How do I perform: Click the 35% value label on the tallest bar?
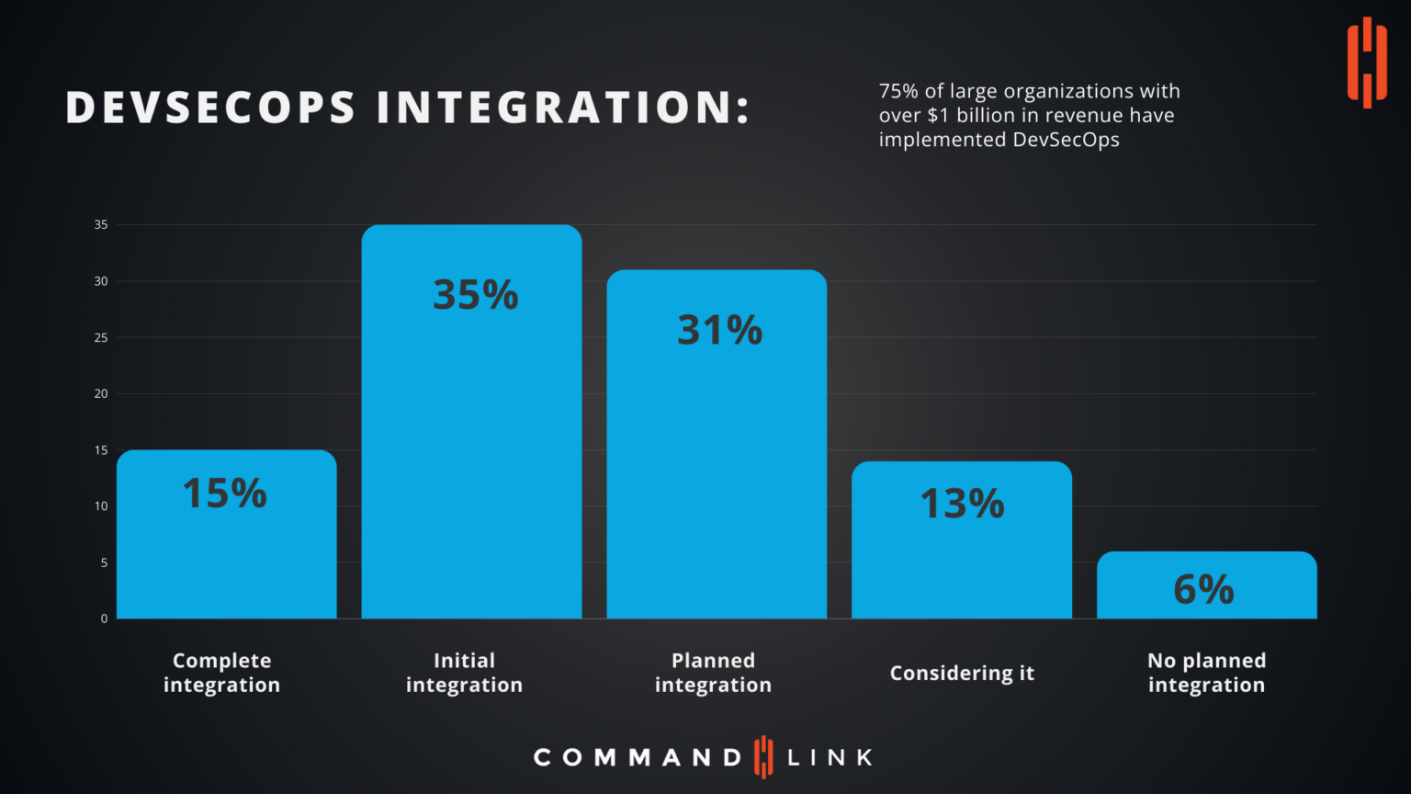click(475, 295)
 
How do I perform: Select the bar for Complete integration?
click(226, 551)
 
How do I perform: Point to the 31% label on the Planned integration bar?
click(719, 331)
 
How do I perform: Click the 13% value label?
click(962, 504)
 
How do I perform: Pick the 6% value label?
click(1203, 589)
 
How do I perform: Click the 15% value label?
click(224, 493)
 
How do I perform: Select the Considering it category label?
click(962, 673)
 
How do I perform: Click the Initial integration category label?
click(464, 673)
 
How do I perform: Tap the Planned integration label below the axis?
click(713, 673)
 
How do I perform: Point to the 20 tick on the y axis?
click(101, 393)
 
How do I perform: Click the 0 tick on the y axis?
click(104, 618)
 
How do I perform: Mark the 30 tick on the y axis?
click(101, 281)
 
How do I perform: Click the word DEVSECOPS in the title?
click(210, 108)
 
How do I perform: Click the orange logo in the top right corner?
click(1366, 62)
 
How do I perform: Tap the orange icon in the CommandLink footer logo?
click(763, 757)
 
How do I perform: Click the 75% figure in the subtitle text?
click(898, 91)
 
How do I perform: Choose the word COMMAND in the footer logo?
click(638, 757)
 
